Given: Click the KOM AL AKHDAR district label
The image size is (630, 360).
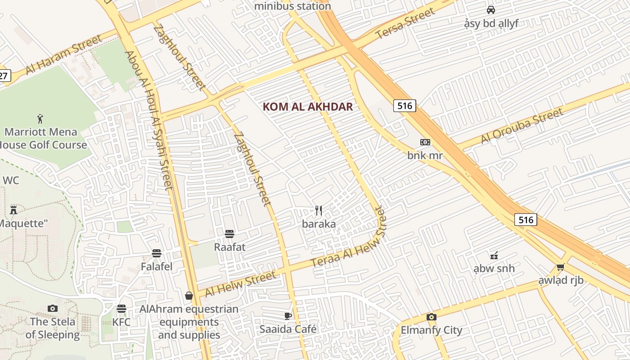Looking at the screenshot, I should [307, 107].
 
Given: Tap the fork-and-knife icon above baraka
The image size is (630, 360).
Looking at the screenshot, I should [319, 210].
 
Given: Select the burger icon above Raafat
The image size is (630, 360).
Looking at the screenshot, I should [229, 234].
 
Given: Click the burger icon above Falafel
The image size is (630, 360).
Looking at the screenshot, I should [157, 253].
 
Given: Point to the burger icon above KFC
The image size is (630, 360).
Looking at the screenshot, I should [121, 309].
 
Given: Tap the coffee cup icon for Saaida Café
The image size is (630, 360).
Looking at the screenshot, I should [288, 316].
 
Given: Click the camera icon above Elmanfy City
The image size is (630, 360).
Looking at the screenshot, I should [432, 317].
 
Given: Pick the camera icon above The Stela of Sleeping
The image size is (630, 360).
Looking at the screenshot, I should [53, 308].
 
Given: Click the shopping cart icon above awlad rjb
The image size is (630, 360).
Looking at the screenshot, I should [561, 267].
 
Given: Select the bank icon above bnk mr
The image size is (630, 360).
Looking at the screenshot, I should [425, 142].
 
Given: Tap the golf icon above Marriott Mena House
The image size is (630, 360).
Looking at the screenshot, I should [40, 119].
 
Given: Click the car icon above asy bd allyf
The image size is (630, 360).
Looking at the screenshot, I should [491, 10].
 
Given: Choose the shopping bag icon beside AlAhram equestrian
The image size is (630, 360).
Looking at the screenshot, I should [189, 296].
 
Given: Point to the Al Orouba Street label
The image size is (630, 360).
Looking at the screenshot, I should [522, 126].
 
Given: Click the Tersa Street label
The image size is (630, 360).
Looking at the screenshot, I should [405, 23].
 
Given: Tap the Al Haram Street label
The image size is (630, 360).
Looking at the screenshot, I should [64, 55].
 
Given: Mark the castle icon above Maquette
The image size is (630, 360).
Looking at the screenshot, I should [13, 210].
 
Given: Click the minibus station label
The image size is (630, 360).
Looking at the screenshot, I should [292, 6].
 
